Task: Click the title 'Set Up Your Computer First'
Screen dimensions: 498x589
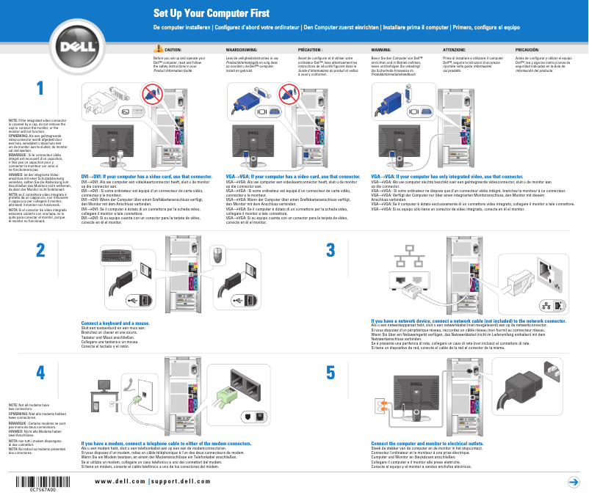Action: [211, 14]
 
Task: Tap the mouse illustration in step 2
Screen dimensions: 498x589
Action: [217, 256]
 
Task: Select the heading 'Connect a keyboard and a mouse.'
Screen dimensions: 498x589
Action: [115, 323]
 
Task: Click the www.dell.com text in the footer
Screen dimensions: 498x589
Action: [119, 480]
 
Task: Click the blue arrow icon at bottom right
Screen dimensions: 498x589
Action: [573, 481]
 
